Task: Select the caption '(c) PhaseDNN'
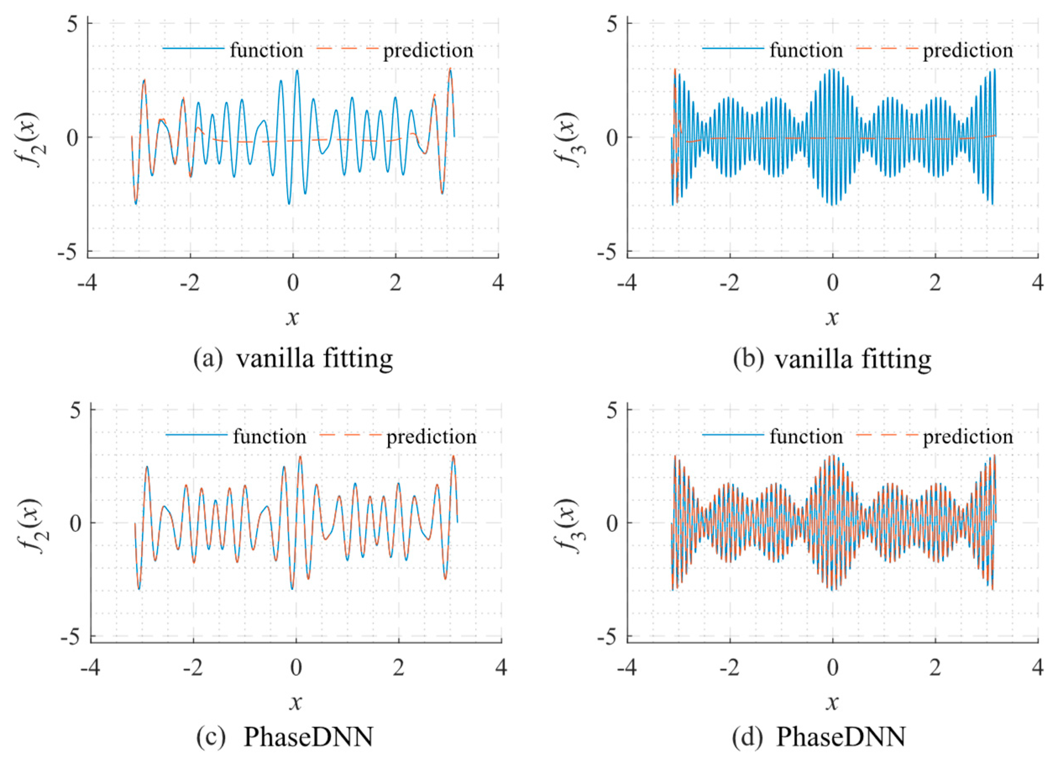(x=285, y=737)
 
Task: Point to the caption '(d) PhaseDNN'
(x=819, y=737)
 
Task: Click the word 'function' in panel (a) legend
(x=266, y=50)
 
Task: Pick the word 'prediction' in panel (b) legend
(x=968, y=50)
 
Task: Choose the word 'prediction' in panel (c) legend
(x=432, y=437)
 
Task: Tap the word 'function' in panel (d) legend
(x=806, y=437)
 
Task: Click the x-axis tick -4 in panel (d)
(x=626, y=668)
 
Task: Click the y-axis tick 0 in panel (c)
(x=76, y=523)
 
